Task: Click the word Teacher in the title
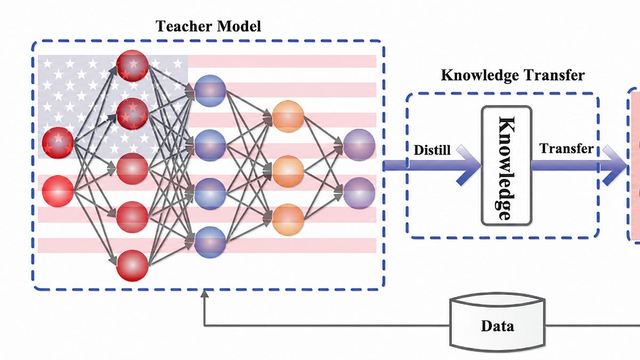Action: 184,26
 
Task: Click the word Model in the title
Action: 239,26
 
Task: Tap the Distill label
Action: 432,150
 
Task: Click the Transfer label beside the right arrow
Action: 566,148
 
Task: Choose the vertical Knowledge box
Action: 507,165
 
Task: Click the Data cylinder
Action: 498,325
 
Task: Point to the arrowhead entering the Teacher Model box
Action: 204,294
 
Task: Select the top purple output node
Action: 359,145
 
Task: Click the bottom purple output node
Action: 359,193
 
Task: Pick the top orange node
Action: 287,116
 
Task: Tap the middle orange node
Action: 287,171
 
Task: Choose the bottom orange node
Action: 287,219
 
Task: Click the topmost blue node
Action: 210,91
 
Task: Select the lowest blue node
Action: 210,242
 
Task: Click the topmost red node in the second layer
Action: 132,66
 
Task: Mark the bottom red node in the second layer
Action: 132,266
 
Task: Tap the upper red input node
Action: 58,143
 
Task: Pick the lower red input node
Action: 58,191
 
